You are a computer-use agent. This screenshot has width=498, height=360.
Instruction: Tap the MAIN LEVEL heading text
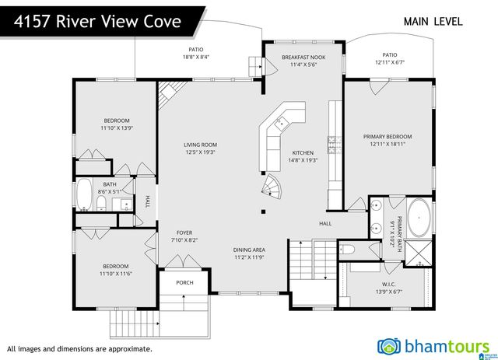click(x=433, y=21)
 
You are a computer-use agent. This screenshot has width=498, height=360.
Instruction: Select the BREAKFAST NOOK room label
click(x=303, y=58)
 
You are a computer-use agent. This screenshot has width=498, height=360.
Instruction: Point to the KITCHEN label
click(x=303, y=152)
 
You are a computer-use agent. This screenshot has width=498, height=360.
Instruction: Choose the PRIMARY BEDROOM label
click(x=388, y=136)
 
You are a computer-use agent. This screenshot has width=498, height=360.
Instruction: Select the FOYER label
click(x=184, y=232)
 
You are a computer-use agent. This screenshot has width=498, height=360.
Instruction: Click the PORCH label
click(x=184, y=282)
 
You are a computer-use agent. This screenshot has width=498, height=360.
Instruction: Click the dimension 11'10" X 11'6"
click(x=115, y=273)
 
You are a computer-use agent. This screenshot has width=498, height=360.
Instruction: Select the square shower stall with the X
click(x=419, y=253)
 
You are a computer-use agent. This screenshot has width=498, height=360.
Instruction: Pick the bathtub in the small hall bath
click(x=84, y=194)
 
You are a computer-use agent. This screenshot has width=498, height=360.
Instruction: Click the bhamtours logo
click(x=433, y=344)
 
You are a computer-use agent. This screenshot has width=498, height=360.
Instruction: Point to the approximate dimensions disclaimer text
click(x=79, y=348)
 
